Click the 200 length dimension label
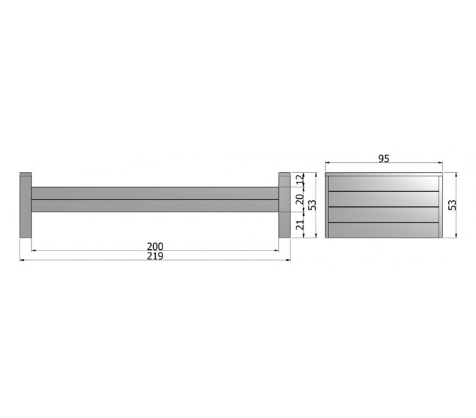(x=155, y=246)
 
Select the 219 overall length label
(x=155, y=256)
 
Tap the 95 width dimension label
(x=384, y=159)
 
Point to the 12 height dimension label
(x=300, y=179)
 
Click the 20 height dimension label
(x=300, y=199)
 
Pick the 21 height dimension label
(x=300, y=225)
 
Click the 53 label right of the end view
(x=452, y=205)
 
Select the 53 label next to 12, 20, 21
(x=312, y=205)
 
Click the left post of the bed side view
(x=26, y=205)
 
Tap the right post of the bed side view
(x=284, y=205)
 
